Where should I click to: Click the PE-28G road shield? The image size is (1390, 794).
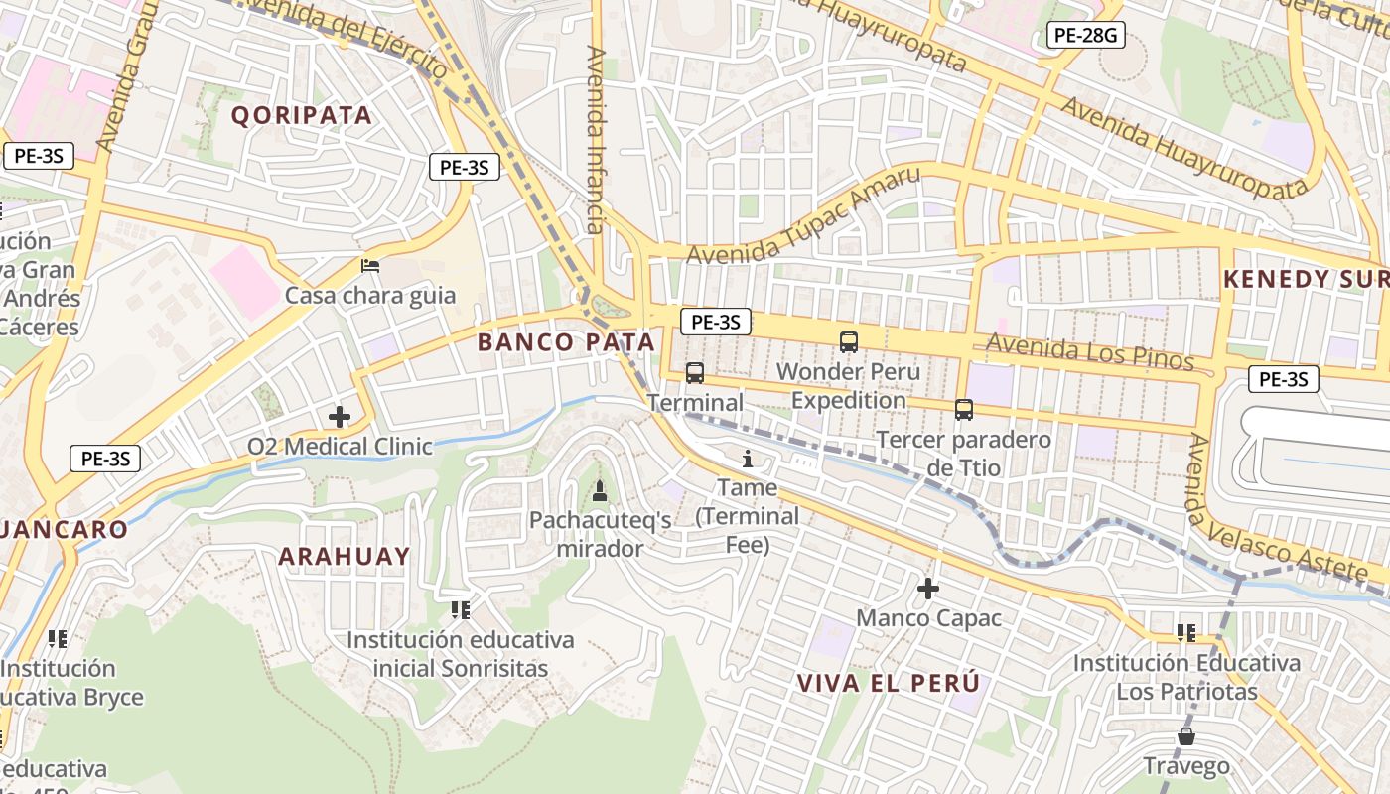pos(1085,36)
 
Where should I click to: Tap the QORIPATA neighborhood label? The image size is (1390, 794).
pos(302,115)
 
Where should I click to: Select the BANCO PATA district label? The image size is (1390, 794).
pos(566,342)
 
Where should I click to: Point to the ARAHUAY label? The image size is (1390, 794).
pos(344,556)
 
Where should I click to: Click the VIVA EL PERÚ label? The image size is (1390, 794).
pos(889,683)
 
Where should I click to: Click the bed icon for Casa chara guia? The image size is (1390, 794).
pos(370,265)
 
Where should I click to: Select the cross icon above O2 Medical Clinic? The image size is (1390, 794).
pos(340,417)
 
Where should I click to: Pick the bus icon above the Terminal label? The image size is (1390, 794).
pos(695,373)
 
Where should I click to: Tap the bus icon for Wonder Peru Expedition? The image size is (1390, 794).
pos(849,342)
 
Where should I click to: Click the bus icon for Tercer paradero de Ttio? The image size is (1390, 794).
pos(963,409)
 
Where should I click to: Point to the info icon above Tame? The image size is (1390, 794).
pos(748,459)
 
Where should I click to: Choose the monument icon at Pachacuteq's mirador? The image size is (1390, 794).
pos(599,490)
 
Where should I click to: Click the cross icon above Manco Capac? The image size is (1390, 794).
pos(928,589)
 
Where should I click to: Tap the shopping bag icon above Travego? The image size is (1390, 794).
pos(1185,736)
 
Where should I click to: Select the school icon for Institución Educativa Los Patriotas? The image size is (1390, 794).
pos(1185,632)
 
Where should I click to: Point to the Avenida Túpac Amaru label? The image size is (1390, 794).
pos(803,216)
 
